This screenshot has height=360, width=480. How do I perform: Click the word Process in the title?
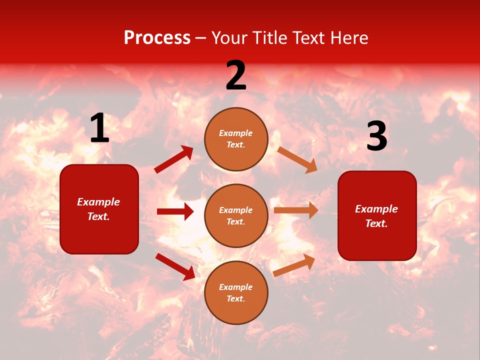pos(157,38)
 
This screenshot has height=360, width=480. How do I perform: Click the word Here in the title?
pos(346,38)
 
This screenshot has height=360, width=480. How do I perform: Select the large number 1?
pos(99,128)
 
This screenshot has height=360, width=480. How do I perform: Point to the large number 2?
pos(236,75)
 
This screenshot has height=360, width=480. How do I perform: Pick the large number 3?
pos(376,136)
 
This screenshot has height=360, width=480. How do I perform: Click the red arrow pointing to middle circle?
pos(175,211)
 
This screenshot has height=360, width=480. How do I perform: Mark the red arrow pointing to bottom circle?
pos(175,266)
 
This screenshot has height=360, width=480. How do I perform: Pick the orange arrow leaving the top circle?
pos(297,159)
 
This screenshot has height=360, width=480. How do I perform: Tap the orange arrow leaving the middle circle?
pos(296,210)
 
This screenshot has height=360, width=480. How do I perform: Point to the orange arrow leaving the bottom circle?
pos(294,265)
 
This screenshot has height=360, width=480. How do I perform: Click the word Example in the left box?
pos(98,202)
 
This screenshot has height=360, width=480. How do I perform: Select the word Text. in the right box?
pos(376,223)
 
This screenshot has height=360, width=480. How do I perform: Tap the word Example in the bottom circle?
pos(236,287)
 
